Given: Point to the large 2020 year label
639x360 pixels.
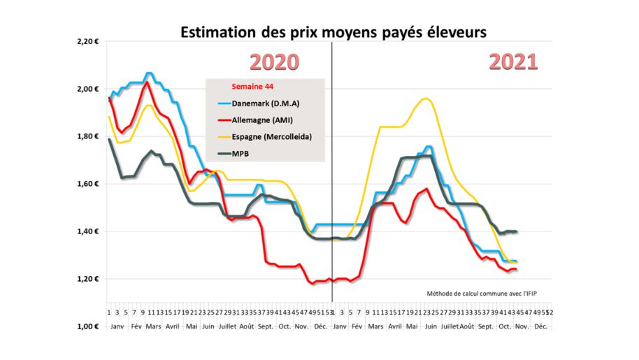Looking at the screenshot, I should pos(274,62).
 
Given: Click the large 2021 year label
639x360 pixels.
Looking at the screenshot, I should pos(513,62).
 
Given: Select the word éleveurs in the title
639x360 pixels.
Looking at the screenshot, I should pos(457,32).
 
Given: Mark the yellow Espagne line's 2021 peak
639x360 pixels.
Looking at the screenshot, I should pos(425,99).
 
